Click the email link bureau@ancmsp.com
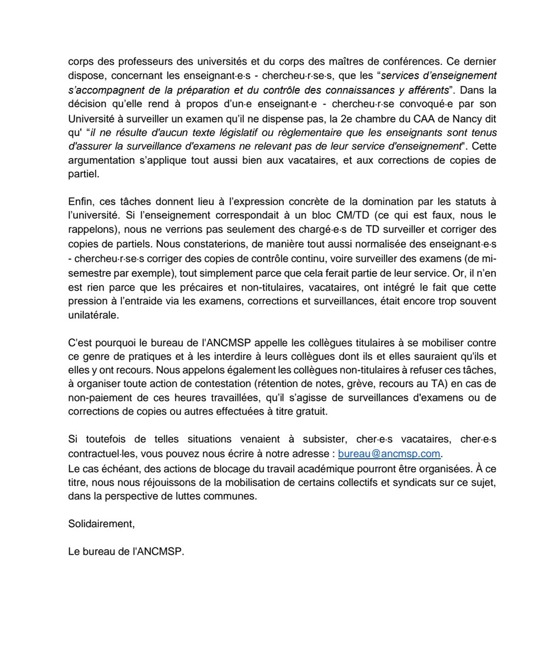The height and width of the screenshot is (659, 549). click(389, 454)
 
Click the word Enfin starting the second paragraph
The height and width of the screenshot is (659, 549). click(81, 202)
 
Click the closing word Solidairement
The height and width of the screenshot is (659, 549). click(101, 523)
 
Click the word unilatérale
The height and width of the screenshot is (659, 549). click(93, 315)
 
